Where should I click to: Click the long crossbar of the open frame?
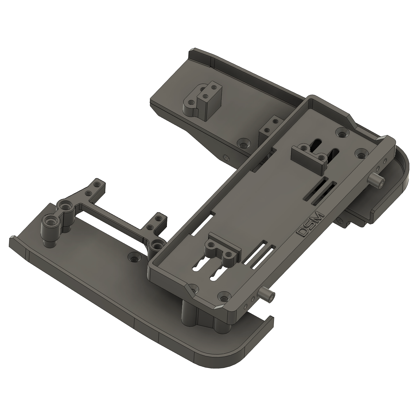tap(112, 216)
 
